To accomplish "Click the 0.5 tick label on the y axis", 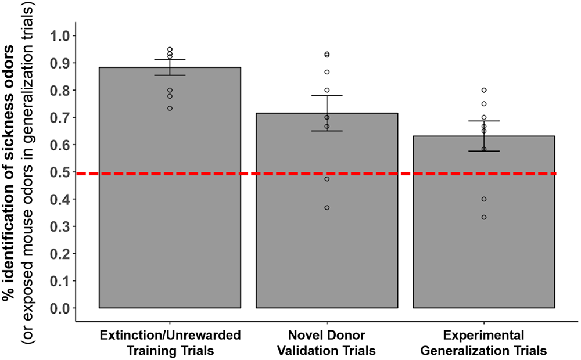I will (59, 172).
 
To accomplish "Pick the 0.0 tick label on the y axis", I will (59, 308).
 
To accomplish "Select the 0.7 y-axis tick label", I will (59, 117).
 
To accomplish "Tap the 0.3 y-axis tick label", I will (59, 226).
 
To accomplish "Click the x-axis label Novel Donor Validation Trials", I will (327, 343).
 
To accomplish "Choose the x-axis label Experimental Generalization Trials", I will (484, 343).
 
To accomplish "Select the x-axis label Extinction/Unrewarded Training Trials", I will (170, 343).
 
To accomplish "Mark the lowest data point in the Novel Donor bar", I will (327, 207).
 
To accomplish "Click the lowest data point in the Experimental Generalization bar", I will (484, 217).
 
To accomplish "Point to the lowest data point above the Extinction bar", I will (170, 108).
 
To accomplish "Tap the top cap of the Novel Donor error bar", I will (327, 95).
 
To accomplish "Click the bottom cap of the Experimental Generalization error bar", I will (484, 151).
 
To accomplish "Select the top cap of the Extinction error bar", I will (170, 59).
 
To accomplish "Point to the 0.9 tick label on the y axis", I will (59, 63).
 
